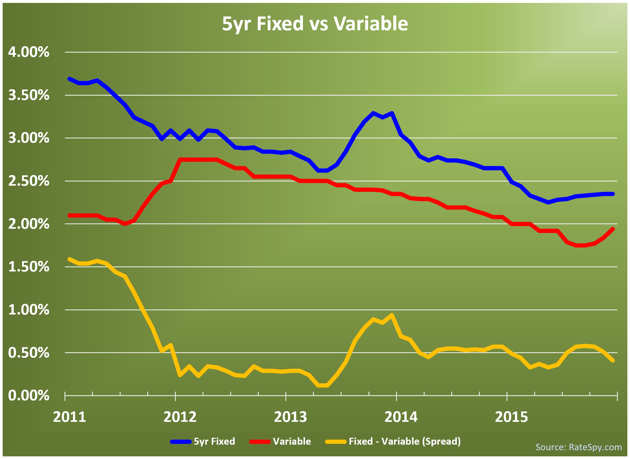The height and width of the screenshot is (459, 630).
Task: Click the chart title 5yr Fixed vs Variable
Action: point(315,24)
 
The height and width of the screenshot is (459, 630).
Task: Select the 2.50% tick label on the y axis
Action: point(29,181)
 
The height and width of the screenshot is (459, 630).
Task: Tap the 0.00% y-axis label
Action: point(29,396)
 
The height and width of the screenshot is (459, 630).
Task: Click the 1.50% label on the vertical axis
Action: point(29,267)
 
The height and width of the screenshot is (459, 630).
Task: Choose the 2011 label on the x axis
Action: point(70,418)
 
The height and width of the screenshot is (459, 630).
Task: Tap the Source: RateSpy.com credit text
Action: point(578,447)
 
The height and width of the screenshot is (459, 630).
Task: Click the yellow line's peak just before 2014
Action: point(392,315)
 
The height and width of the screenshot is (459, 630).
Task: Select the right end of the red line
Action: point(613,229)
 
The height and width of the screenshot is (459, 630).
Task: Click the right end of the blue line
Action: point(613,194)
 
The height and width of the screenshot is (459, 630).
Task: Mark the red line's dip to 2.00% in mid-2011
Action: point(125,224)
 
